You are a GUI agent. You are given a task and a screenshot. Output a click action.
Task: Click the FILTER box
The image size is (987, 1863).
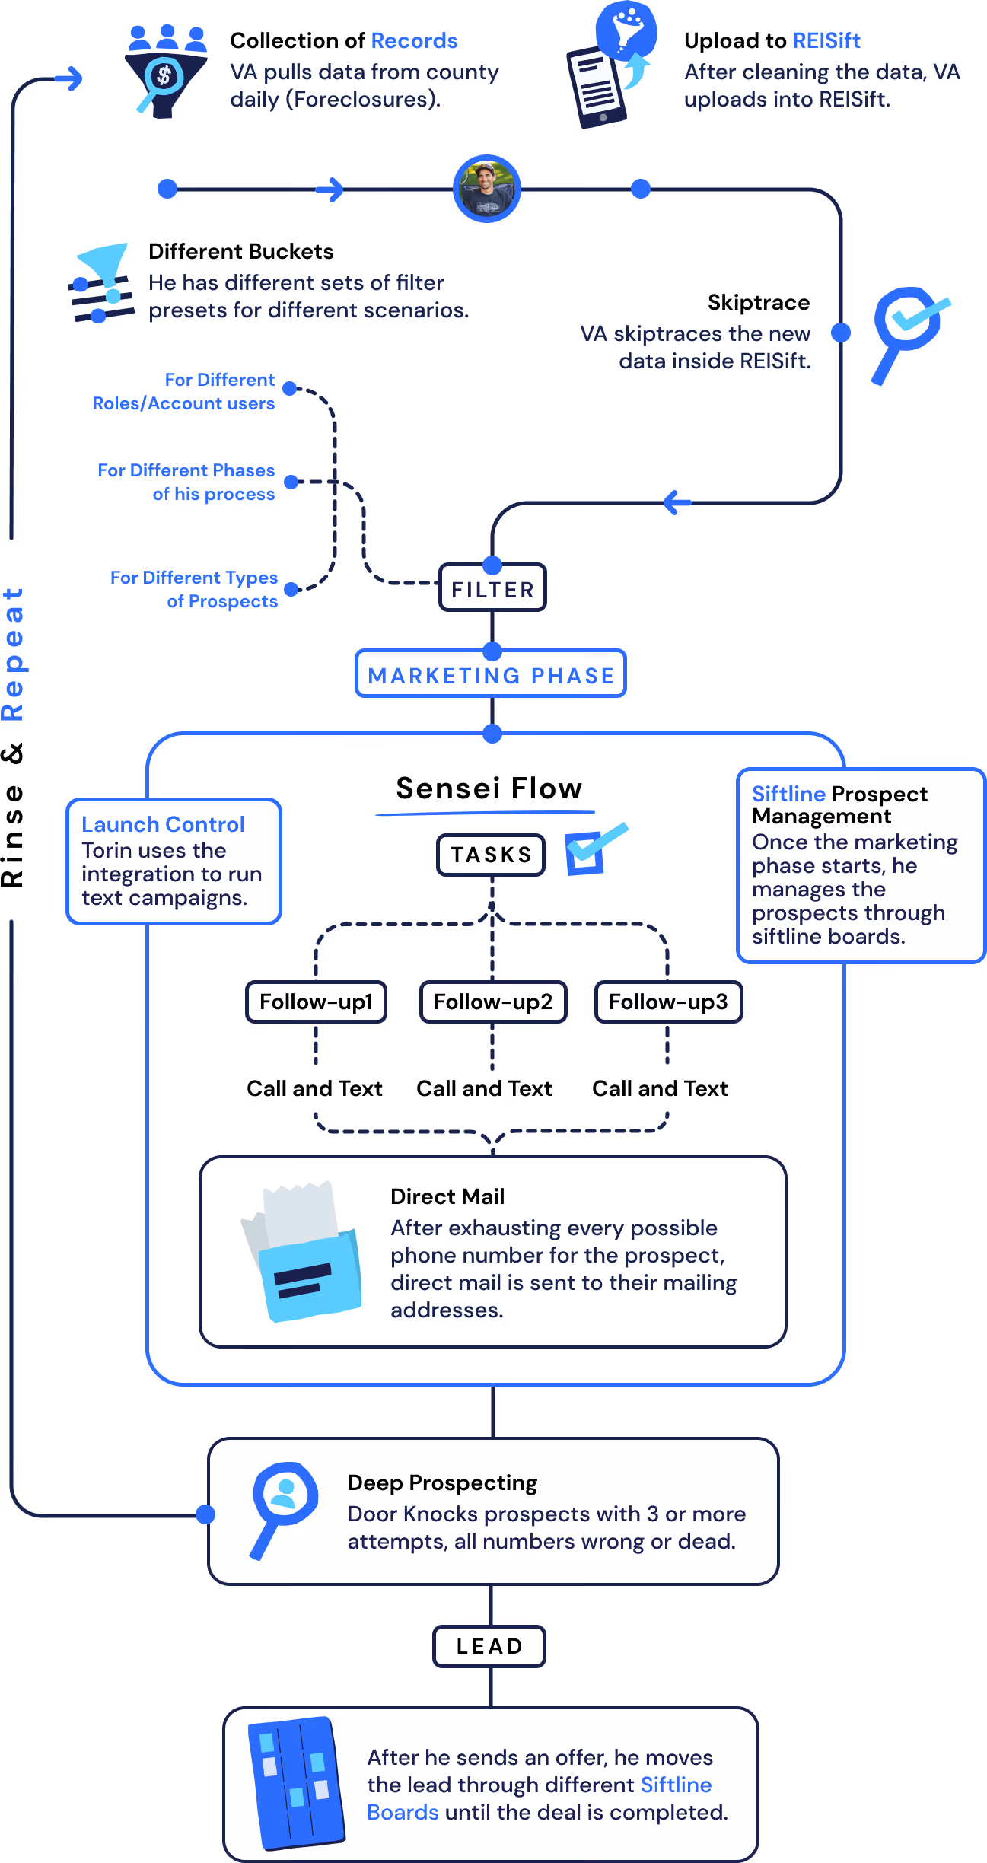pos(492,589)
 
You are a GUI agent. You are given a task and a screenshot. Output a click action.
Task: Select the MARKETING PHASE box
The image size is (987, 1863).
pos(491,675)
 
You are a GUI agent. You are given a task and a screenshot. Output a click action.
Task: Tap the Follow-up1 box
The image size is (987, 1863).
pos(317,1002)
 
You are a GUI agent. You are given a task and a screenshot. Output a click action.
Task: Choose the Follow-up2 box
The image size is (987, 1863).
pos(493,1002)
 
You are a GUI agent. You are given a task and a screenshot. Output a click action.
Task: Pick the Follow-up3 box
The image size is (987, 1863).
pos(668,1002)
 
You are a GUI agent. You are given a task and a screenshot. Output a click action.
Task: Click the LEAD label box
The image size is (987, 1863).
pos(489,1646)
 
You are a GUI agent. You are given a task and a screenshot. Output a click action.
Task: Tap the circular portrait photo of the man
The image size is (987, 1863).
pos(487,189)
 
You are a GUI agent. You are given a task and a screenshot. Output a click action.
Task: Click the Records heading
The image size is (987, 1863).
pos(414,40)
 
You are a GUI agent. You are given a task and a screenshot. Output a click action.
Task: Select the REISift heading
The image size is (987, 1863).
pos(826,40)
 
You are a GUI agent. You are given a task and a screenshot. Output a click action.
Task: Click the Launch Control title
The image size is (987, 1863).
pos(163,824)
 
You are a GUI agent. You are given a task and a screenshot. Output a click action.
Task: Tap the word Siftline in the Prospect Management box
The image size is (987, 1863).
pos(788,794)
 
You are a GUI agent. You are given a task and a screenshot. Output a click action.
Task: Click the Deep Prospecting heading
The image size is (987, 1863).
pos(442,1482)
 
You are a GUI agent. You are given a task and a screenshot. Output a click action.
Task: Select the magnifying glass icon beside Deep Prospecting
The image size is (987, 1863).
pos(282,1504)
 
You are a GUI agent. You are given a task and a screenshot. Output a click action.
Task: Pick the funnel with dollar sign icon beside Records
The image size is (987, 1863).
pos(165,72)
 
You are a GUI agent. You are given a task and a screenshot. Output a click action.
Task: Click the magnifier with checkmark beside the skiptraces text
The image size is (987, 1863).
pos(908,328)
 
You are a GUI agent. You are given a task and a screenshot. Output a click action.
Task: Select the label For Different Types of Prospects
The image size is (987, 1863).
pos(195,589)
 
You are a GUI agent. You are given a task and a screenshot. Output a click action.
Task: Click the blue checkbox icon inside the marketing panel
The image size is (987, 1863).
pos(591,849)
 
